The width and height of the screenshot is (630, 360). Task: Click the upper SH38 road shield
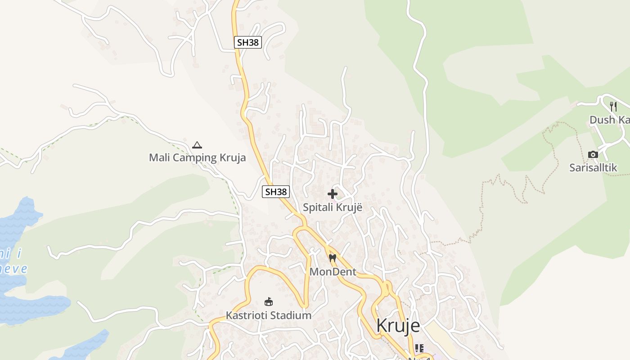pos(248,43)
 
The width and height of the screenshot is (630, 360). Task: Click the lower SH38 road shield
pos(276,192)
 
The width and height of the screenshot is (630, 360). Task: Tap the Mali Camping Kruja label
pos(197,157)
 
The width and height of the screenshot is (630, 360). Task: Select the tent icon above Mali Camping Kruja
pos(197,145)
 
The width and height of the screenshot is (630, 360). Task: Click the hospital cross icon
pos(333,194)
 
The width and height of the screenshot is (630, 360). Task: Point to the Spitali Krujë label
pos(333,207)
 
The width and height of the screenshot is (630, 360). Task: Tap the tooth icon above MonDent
pos(333,258)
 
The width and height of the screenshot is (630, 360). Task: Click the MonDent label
pos(333,272)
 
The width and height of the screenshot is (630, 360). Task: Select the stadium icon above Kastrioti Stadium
pos(269,301)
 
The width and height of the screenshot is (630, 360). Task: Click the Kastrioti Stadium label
pos(269,315)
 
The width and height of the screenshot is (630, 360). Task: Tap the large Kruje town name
pos(398,325)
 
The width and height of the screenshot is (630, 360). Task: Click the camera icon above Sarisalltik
pos(593,155)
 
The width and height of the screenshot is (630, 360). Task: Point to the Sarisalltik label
pos(593,168)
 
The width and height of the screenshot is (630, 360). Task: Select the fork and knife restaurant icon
pos(613,107)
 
